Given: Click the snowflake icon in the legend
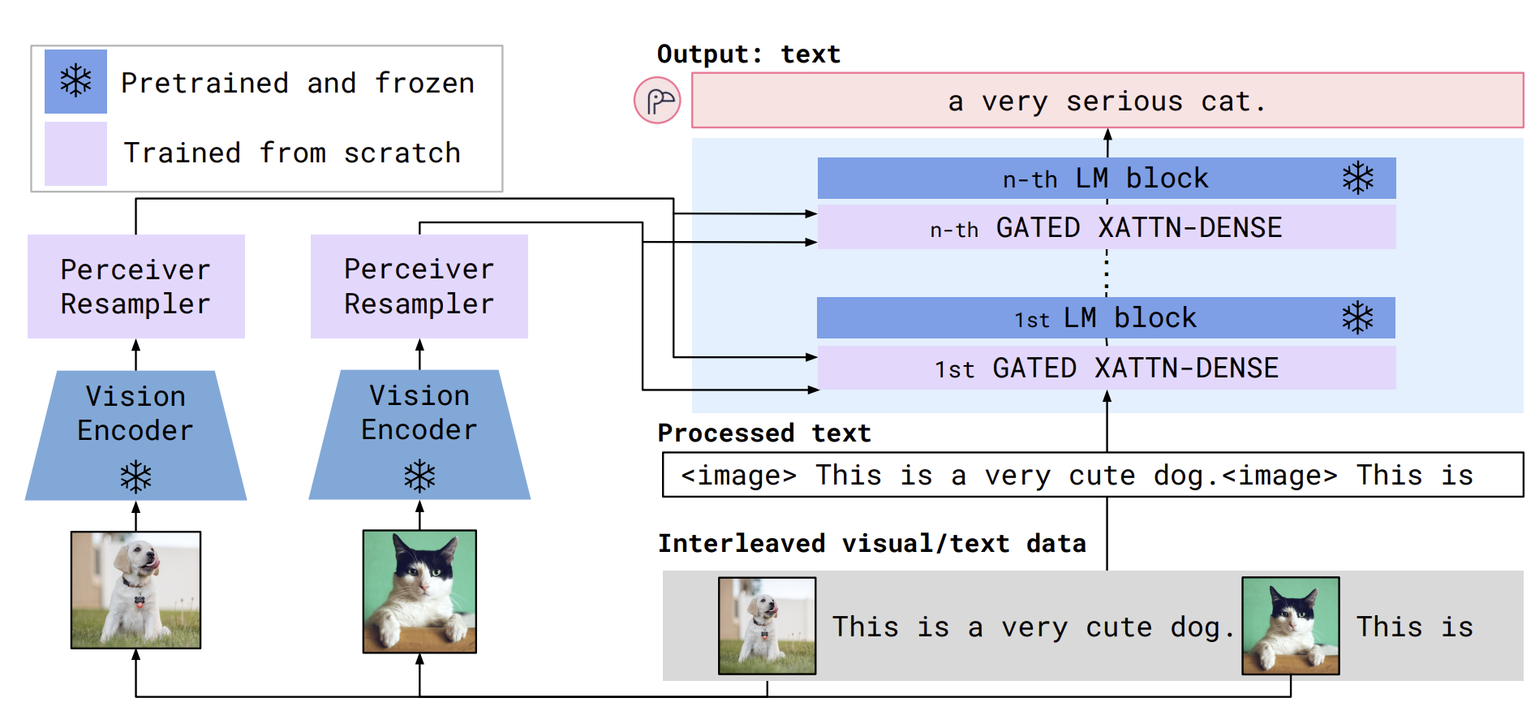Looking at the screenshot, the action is coord(75,81).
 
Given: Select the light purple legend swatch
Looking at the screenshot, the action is coord(75,153).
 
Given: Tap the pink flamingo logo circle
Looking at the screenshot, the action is coord(657,101).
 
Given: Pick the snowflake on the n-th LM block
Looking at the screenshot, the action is coord(1357,178).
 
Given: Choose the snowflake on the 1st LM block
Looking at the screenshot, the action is coord(1357,318).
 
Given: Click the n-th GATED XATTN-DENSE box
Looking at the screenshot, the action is coord(1107,227).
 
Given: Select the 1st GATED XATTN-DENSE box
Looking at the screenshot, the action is coord(1107,368).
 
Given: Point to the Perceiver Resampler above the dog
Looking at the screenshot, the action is coord(136,287).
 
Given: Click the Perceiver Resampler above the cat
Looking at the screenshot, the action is coord(419,287).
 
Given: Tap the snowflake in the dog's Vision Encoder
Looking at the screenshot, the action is coord(135,477).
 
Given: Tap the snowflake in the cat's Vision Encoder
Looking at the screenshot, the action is coord(419,476).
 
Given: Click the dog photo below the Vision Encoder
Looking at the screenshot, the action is coord(135,590).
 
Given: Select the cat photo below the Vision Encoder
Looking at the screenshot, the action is coord(419,592).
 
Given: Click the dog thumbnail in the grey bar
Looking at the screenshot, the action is coord(767,626).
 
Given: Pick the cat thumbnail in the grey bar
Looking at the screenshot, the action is coord(1291,626).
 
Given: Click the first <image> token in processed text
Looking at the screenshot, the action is coord(739,476).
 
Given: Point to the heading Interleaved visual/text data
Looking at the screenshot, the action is coord(872,543).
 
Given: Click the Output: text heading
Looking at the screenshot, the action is coord(749,54).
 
